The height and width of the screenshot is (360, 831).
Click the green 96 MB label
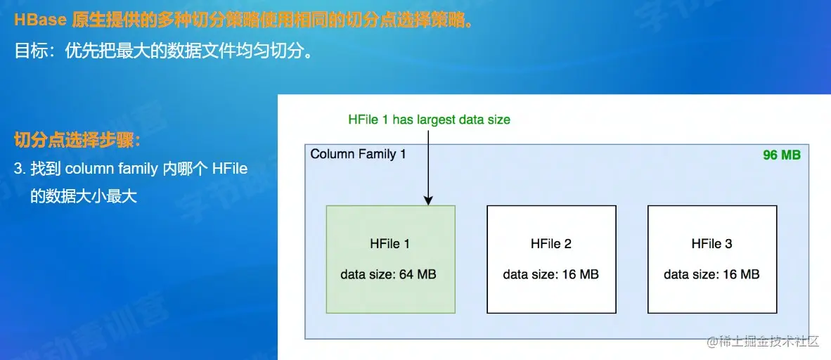click(781, 155)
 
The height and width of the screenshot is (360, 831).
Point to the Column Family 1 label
click(358, 154)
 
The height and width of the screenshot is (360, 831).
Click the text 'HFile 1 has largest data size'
click(429, 120)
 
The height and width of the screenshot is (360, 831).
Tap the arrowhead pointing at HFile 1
click(427, 200)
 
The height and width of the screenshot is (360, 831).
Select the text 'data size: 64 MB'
click(388, 274)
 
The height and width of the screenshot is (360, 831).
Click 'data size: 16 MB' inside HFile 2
click(550, 274)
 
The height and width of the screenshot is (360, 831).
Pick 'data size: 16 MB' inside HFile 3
click(711, 274)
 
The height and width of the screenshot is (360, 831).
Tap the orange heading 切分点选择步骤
click(77, 140)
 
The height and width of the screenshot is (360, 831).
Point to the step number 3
click(19, 169)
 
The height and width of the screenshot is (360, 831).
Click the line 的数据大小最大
click(83, 196)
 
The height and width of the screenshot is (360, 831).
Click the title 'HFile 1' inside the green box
click(389, 244)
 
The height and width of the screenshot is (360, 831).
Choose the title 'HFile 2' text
click(550, 244)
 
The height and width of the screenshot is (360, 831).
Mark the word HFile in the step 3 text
click(229, 169)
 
